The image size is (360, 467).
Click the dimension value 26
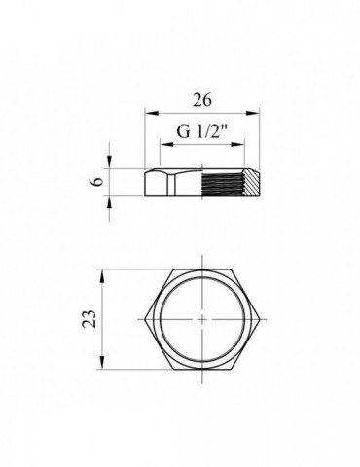(x=203, y=99)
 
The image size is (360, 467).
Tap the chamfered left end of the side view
(x=149, y=181)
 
